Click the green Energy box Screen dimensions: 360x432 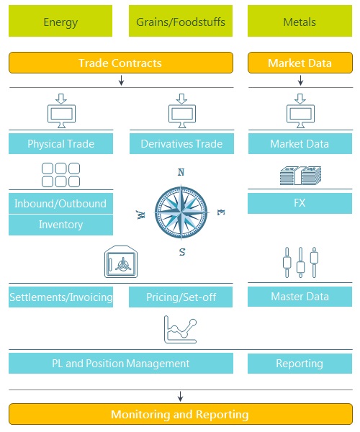coord(60,21)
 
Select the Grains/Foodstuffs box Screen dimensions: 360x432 coord(181,21)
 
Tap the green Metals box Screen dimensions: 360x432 coord(300,21)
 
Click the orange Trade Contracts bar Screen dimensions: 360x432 coord(121,63)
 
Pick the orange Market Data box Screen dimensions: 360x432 coord(300,63)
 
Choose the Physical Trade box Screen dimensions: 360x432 coord(60,143)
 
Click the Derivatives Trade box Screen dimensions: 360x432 coord(181,143)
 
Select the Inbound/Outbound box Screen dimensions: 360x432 coord(60,203)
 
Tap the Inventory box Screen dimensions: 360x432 coord(60,225)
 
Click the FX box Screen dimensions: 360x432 coord(300,203)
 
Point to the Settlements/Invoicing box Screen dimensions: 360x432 coord(60,297)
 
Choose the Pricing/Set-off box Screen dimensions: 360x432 coord(181,297)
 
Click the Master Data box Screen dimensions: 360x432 coord(300,297)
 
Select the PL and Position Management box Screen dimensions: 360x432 coord(121,364)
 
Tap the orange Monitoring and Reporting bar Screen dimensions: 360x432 coord(181,414)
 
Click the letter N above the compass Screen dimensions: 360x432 coord(181,172)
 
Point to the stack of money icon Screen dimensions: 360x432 coord(300,176)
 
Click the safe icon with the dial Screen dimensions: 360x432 coord(121,262)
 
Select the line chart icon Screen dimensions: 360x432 coord(181,330)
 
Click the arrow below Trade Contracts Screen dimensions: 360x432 coord(121,80)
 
